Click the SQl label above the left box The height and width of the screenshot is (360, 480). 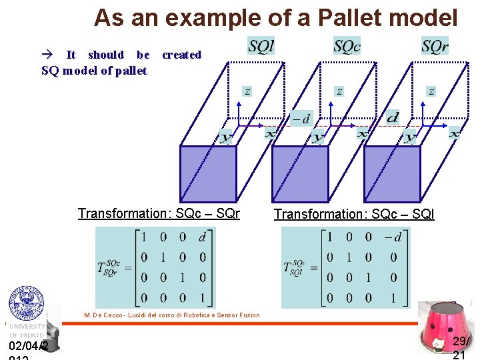pyautogui.click(x=261, y=47)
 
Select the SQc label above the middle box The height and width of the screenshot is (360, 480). pyautogui.click(x=347, y=46)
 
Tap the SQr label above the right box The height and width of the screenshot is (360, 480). pyautogui.click(x=435, y=46)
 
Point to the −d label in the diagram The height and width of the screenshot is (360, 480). pyautogui.click(x=301, y=119)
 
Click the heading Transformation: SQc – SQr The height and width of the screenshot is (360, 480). pyautogui.click(x=159, y=214)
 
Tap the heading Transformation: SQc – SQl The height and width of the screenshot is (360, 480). pyautogui.click(x=354, y=214)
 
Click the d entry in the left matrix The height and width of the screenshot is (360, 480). pyautogui.click(x=203, y=237)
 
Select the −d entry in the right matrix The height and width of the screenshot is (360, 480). pyautogui.click(x=393, y=237)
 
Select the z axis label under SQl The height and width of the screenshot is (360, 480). pyautogui.click(x=248, y=91)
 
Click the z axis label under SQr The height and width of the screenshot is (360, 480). pyautogui.click(x=431, y=91)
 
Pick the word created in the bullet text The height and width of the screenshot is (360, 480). pyautogui.click(x=181, y=55)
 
